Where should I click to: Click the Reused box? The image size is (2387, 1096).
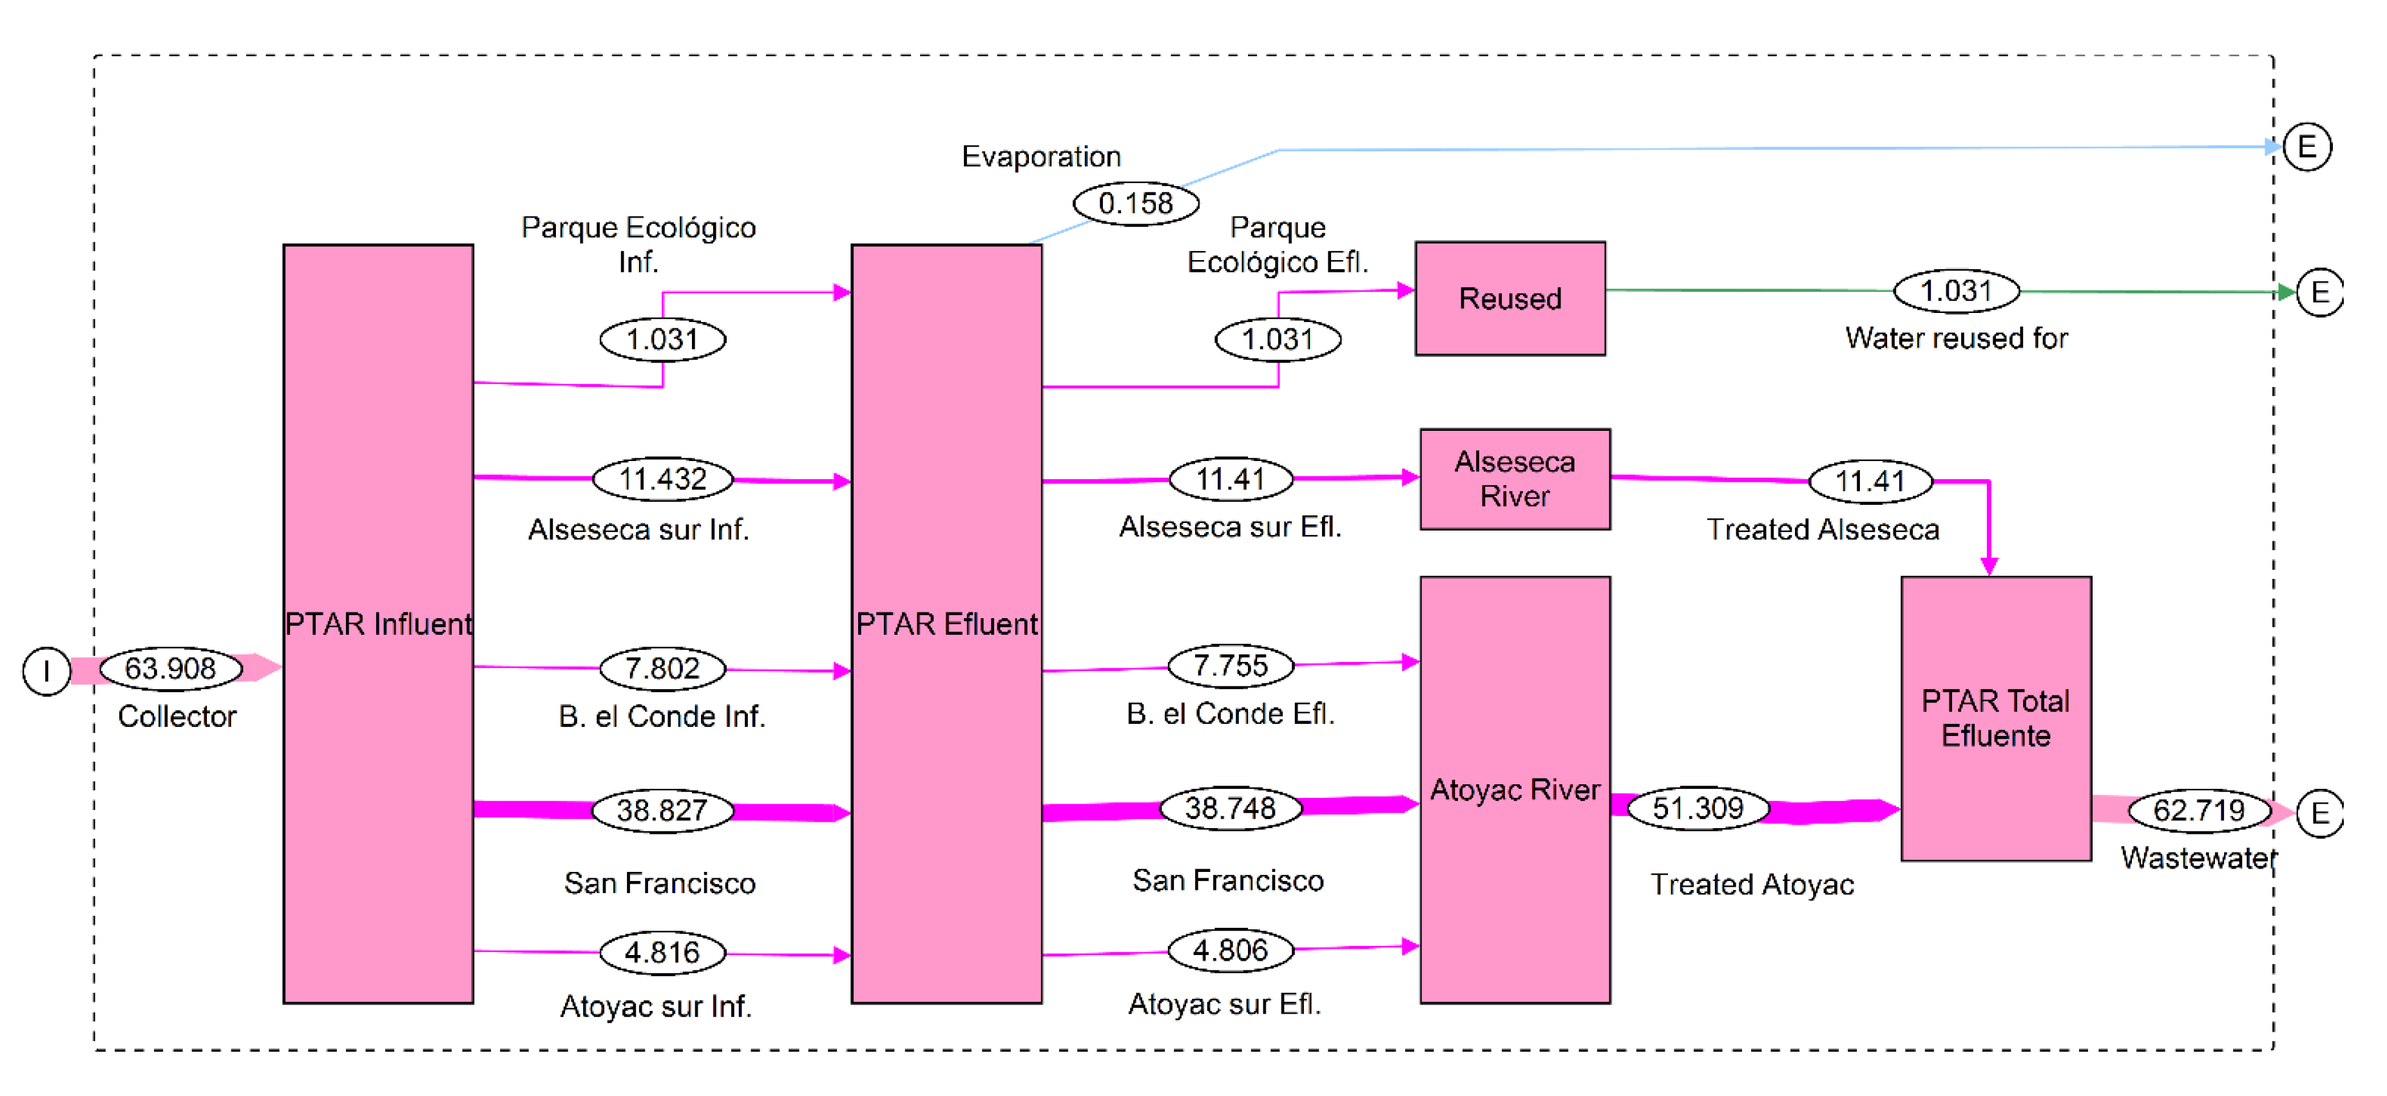coord(1510,298)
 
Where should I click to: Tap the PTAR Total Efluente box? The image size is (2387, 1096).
coord(1995,718)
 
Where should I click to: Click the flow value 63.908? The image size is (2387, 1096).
coord(171,668)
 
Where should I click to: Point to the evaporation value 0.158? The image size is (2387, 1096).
coord(1135,203)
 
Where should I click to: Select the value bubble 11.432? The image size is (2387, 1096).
coord(662,479)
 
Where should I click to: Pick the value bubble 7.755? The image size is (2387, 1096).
coord(1230,665)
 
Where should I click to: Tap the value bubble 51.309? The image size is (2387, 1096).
coord(1698,808)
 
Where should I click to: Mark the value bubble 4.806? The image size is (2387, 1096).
coord(1230,950)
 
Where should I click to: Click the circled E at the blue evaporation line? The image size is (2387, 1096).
coord(2306,146)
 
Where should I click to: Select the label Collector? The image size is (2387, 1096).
coord(177,716)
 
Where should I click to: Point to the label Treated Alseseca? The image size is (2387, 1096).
coord(1823,529)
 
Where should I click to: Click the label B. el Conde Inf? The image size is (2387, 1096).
coord(662,716)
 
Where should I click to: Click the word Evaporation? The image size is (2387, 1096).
coord(1040,156)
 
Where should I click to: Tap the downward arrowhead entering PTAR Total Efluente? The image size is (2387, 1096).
coord(1989,565)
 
